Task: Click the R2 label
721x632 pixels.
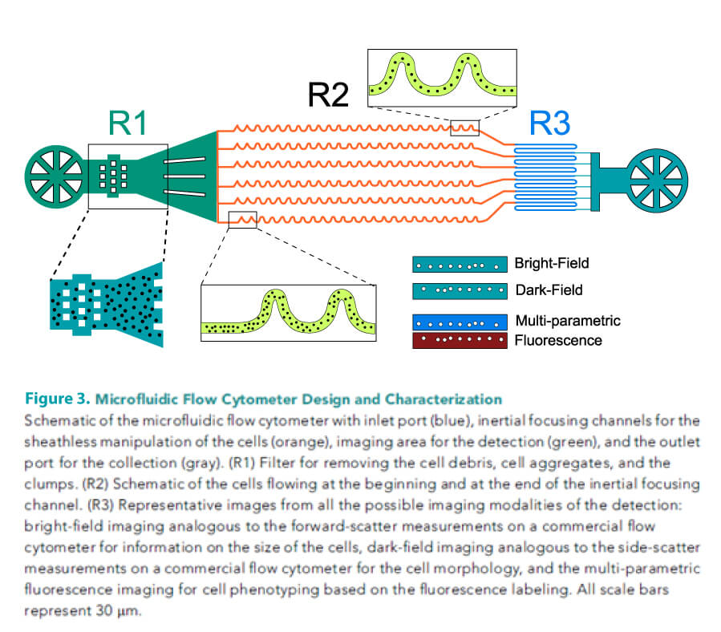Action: pos(330,95)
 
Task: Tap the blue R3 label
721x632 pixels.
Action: pos(551,124)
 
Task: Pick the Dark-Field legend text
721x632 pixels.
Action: pos(548,290)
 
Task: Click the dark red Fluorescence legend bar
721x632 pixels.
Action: pos(460,341)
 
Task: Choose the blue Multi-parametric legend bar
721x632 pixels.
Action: pos(460,322)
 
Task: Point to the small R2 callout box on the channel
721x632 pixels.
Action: pos(464,128)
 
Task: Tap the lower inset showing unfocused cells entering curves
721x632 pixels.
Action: pos(288,312)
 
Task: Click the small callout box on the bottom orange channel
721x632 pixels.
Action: pos(242,219)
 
